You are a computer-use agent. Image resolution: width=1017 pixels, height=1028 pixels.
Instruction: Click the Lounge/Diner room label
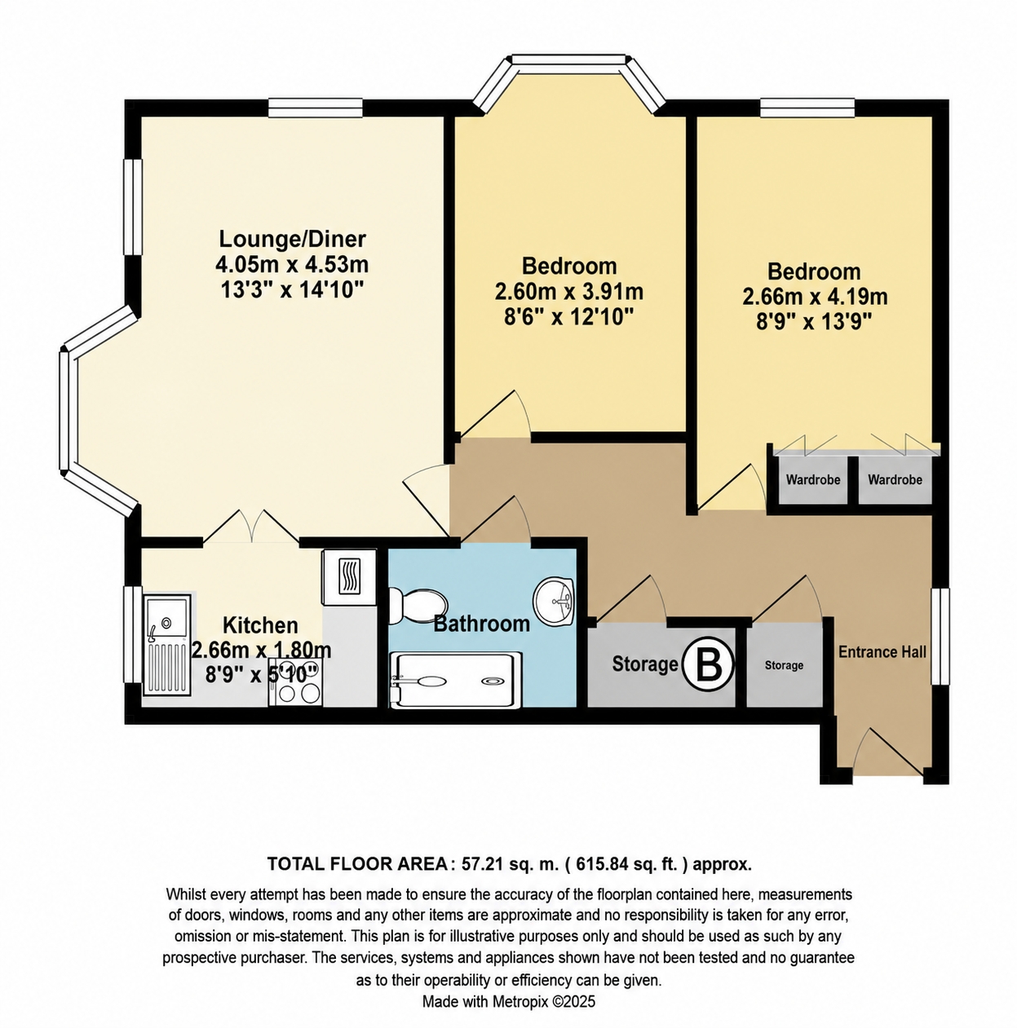pos(292,239)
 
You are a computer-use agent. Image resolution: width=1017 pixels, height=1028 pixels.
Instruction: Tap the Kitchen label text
pos(260,624)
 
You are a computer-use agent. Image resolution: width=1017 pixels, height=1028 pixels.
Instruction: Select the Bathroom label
pos(481,624)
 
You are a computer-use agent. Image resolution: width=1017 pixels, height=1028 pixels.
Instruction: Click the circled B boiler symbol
pos(709,664)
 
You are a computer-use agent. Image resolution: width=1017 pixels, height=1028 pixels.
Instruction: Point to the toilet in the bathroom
pos(418,606)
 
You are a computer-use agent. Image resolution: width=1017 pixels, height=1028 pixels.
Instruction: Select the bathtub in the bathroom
pos(456,680)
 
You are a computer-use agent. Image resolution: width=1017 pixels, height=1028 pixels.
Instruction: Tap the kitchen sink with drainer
pos(166,645)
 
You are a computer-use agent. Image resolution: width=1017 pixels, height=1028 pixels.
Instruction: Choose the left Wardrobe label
pos(812,479)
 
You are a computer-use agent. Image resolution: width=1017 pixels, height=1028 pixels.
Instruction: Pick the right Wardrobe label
pos(895,479)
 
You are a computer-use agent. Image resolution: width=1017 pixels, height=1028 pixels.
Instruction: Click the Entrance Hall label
pos(882,652)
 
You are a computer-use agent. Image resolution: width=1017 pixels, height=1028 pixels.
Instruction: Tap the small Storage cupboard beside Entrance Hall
pos(784,665)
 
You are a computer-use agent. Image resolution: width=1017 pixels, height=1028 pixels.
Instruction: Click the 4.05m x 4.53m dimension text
pos(292,264)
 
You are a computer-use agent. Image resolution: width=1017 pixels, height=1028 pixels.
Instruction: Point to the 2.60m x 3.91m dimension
pos(569,292)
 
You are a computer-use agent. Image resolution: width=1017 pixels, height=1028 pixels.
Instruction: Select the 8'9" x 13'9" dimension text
pos(814,322)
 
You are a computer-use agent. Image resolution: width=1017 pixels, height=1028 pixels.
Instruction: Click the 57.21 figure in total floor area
pos(479,863)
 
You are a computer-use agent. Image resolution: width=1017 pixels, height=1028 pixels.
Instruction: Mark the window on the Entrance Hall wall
pos(940,635)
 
